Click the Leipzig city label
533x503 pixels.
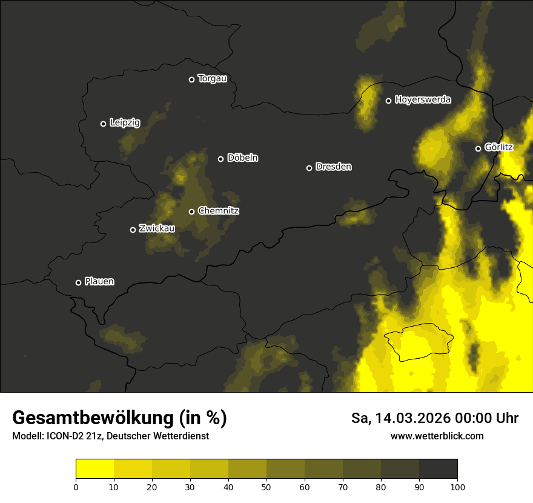click(125, 123)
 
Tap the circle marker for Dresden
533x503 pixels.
click(309, 168)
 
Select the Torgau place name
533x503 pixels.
click(212, 79)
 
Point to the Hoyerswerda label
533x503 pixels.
click(423, 100)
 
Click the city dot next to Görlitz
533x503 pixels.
click(478, 148)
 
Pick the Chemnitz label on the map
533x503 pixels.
click(219, 211)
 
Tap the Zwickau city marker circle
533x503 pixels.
click(133, 230)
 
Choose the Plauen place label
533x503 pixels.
click(99, 282)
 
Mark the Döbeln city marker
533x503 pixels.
click(220, 159)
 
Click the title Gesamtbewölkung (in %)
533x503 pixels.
click(119, 418)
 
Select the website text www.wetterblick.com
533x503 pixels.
click(437, 436)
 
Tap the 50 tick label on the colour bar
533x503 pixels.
click(266, 487)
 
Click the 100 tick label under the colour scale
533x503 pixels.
click(457, 487)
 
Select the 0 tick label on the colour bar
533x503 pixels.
click(76, 487)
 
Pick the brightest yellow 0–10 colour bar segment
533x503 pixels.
click(94, 469)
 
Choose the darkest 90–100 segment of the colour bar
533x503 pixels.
click(438, 469)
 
